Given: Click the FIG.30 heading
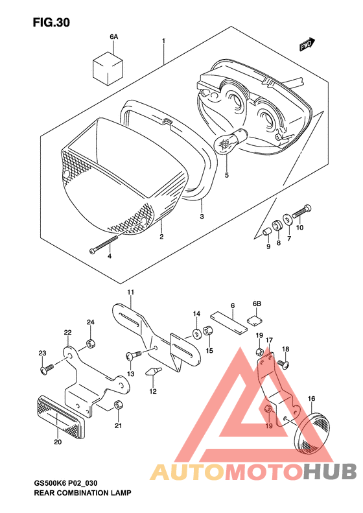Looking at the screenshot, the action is click(x=51, y=23).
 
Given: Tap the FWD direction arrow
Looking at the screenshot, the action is click(x=307, y=45).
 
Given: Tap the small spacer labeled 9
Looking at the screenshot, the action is click(x=267, y=232).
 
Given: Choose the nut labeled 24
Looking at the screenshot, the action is click(x=90, y=344).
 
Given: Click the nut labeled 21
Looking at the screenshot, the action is click(x=118, y=405).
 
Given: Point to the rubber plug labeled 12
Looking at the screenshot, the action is click(x=153, y=372).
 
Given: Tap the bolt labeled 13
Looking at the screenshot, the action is click(x=134, y=355).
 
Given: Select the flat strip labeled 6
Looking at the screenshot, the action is click(x=229, y=322).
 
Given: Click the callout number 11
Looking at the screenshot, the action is click(x=131, y=292).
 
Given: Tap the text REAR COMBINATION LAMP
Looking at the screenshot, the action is click(x=82, y=492).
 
